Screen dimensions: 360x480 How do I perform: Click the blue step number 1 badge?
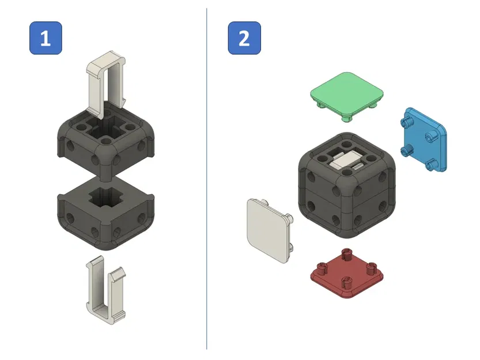coord(46,39)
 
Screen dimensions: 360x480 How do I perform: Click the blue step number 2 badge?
coord(244,39)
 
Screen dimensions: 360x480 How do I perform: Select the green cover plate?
coord(347,92)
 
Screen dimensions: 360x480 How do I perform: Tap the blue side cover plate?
coord(425,139)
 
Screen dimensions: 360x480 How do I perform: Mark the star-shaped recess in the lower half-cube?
coord(105,199)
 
